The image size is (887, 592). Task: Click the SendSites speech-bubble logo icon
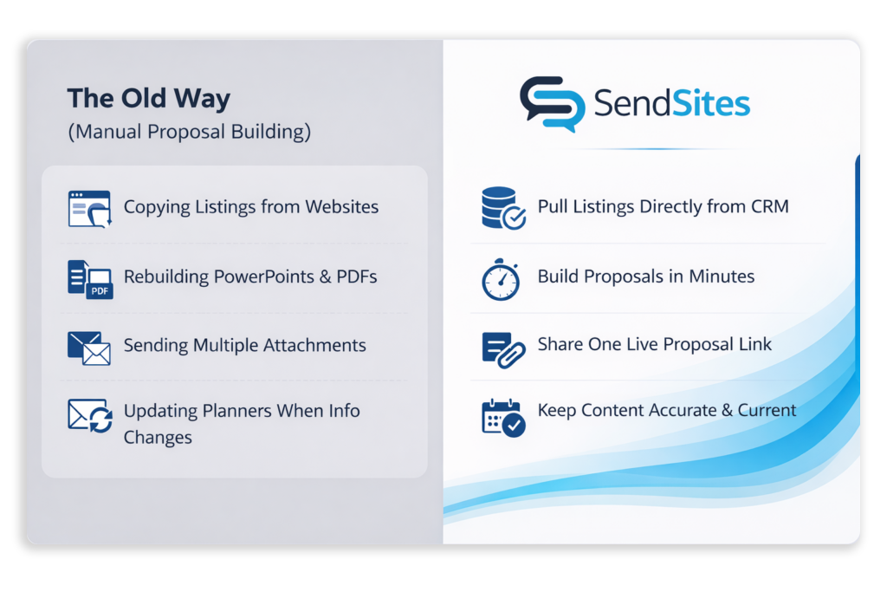[x=551, y=104]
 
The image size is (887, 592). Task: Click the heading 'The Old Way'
[x=148, y=98]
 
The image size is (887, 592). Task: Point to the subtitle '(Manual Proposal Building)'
[x=189, y=132]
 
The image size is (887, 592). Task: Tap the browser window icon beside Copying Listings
[x=89, y=209]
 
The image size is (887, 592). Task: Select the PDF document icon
[x=90, y=279]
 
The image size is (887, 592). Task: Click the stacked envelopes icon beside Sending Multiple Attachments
[x=89, y=348]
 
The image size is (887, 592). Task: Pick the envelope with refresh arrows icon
[x=90, y=415]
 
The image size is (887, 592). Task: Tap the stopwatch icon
[x=501, y=279]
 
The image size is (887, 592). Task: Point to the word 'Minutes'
[x=722, y=276]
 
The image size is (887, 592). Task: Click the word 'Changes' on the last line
[x=158, y=437]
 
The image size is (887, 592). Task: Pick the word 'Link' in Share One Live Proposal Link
[x=753, y=344]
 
